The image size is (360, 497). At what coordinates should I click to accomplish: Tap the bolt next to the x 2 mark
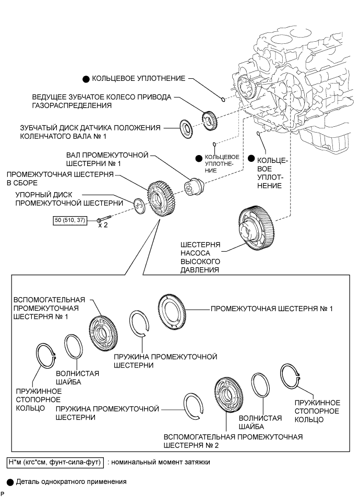(103, 220)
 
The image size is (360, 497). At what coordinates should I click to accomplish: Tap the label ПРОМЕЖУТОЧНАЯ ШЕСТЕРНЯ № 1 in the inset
(271, 309)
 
